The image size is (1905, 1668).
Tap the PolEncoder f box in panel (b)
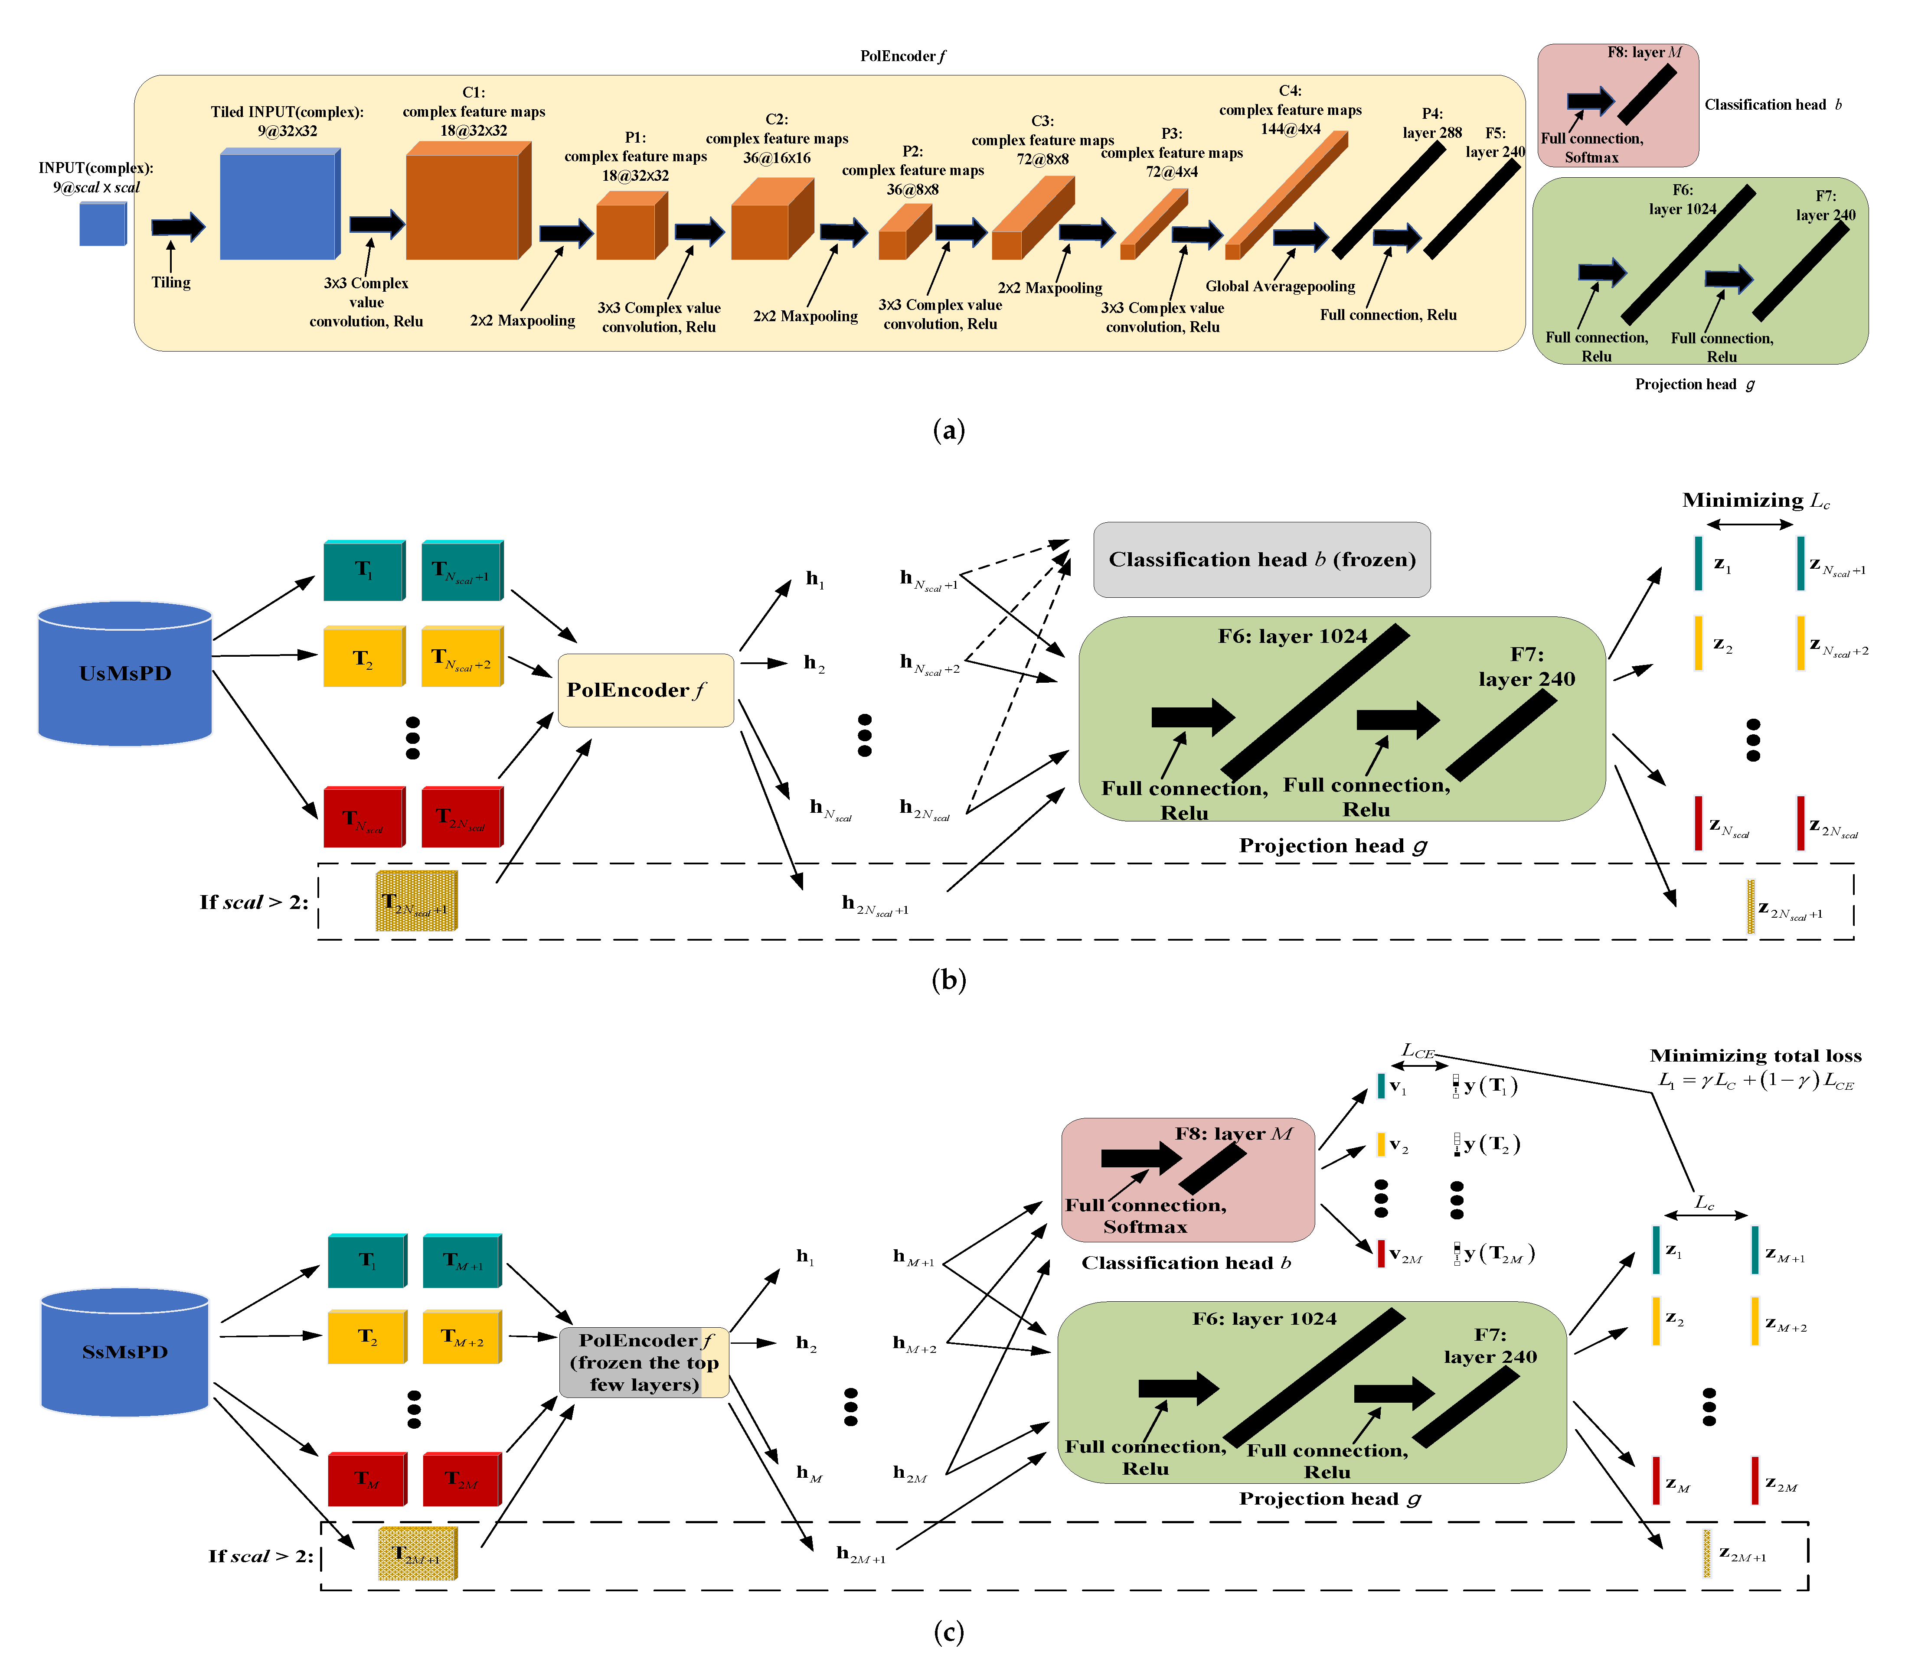click(645, 690)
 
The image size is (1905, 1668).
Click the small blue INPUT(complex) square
click(102, 225)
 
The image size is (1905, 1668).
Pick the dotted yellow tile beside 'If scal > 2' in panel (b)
click(416, 900)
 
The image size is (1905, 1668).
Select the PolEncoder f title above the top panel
click(902, 56)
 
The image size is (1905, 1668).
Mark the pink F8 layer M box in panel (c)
click(1187, 1179)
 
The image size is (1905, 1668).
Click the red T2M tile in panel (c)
click(462, 1479)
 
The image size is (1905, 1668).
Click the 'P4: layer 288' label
click(1431, 123)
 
